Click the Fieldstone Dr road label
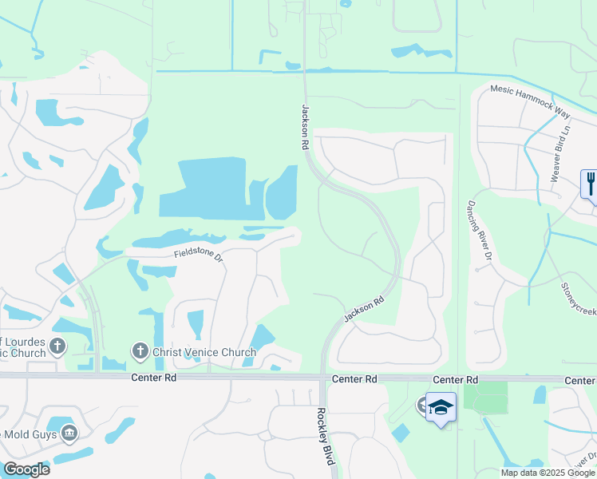point(197,255)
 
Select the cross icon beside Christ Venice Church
point(140,351)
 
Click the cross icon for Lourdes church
point(57,346)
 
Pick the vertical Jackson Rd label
point(304,127)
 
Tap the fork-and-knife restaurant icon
point(591,184)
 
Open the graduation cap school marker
point(441,407)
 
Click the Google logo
point(26,469)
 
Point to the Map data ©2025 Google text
point(548,473)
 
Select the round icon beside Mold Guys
point(69,433)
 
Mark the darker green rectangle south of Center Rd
point(485,398)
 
